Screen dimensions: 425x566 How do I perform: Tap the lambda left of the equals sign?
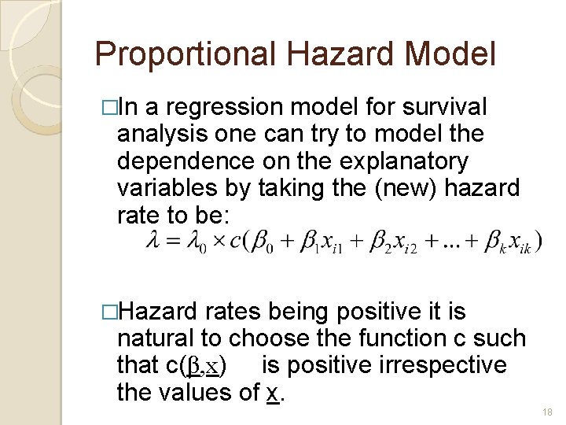coord(153,241)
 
